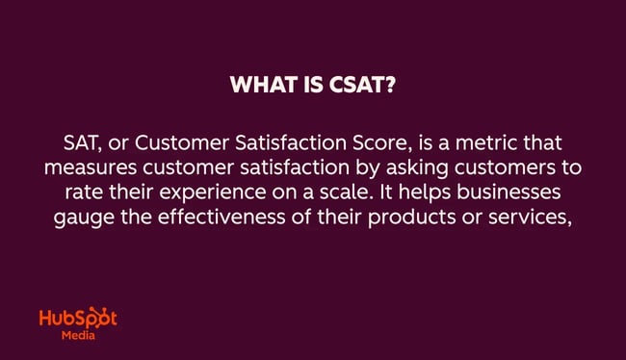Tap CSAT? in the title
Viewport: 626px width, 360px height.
[359, 86]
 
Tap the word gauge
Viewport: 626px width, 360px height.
[80, 211]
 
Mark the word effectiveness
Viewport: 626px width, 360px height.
[211, 211]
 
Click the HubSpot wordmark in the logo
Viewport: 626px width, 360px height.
[77, 320]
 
